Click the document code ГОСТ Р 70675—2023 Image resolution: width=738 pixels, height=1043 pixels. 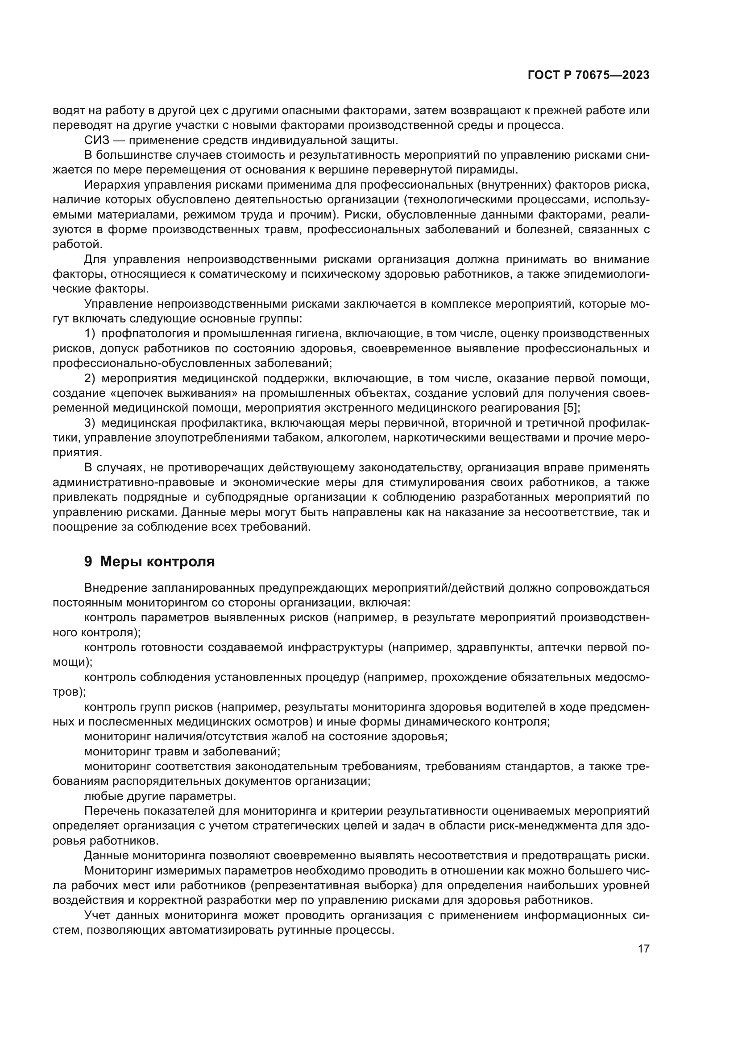click(589, 75)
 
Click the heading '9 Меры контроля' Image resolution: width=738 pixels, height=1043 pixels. click(149, 561)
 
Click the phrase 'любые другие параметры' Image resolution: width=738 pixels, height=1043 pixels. click(161, 796)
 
